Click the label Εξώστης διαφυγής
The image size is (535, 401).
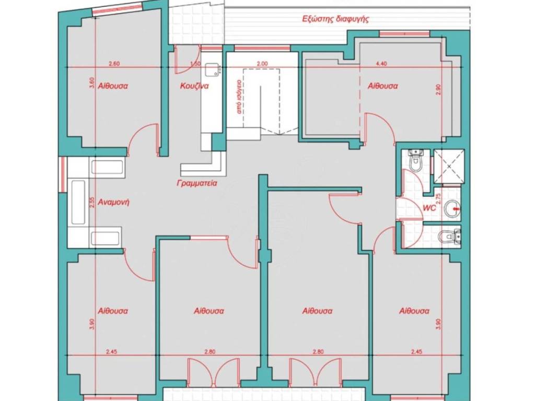point(336,19)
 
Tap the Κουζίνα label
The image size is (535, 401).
point(194,86)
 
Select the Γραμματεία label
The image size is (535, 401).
point(197,183)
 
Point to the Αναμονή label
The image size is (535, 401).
point(113,202)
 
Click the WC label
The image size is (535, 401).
point(429,208)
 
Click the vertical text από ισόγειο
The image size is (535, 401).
point(239,97)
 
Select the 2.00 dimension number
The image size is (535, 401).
point(262,63)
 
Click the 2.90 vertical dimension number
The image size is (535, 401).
point(439,90)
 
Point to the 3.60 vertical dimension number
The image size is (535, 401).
point(91,83)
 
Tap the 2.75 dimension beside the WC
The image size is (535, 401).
point(439,199)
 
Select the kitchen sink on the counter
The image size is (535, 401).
point(212,70)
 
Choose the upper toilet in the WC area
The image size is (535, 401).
point(416,160)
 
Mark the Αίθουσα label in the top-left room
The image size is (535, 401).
point(113,86)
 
